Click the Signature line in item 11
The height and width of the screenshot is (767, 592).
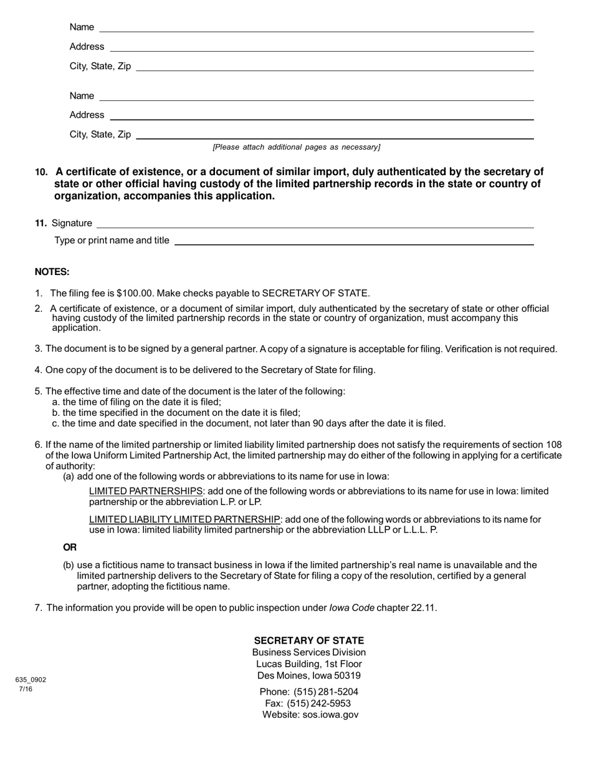(x=315, y=223)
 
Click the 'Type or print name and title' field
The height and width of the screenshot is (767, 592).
(x=354, y=240)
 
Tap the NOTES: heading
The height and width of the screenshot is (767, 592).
(x=52, y=272)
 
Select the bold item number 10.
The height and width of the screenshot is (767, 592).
(x=41, y=172)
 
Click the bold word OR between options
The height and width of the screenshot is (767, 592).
(x=70, y=548)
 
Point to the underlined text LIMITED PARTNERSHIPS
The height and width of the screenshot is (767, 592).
(x=146, y=491)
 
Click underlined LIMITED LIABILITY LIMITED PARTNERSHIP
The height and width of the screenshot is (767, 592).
(x=184, y=519)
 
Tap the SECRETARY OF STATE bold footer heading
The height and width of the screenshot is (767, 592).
(x=308, y=640)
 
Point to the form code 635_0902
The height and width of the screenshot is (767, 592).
(x=31, y=680)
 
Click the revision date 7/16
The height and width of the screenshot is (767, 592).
(x=26, y=689)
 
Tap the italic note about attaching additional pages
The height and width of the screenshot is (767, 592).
(x=296, y=147)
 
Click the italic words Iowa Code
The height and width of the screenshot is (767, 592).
(x=351, y=608)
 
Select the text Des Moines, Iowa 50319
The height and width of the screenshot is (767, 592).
(x=308, y=675)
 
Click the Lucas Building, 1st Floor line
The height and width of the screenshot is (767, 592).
(x=308, y=664)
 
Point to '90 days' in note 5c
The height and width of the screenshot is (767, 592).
(x=332, y=423)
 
